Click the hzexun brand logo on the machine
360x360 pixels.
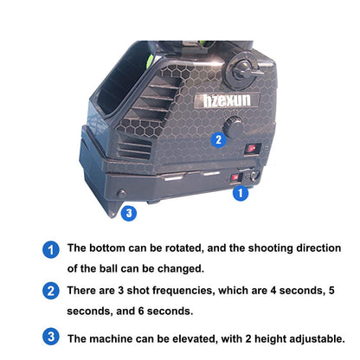pyautogui.click(x=227, y=100)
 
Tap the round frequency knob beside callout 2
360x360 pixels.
pyautogui.click(x=233, y=127)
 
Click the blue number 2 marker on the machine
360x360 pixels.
pyautogui.click(x=219, y=139)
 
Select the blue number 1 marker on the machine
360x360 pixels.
pyautogui.click(x=241, y=193)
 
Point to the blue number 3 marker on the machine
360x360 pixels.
pyautogui.click(x=129, y=213)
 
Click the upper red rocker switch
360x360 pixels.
pyautogui.click(x=253, y=148)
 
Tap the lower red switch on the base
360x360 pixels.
pyautogui.click(x=236, y=177)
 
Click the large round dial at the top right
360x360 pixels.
pyautogui.click(x=241, y=71)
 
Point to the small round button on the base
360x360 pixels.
pyautogui.click(x=121, y=193)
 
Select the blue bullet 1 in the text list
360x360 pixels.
pyautogui.click(x=51, y=250)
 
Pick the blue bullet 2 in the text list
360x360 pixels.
pyautogui.click(x=51, y=291)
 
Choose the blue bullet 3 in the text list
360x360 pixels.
pyautogui.click(x=51, y=337)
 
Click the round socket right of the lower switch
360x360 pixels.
pyautogui.click(x=254, y=176)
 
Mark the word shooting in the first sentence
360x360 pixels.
pyautogui.click(x=270, y=248)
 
